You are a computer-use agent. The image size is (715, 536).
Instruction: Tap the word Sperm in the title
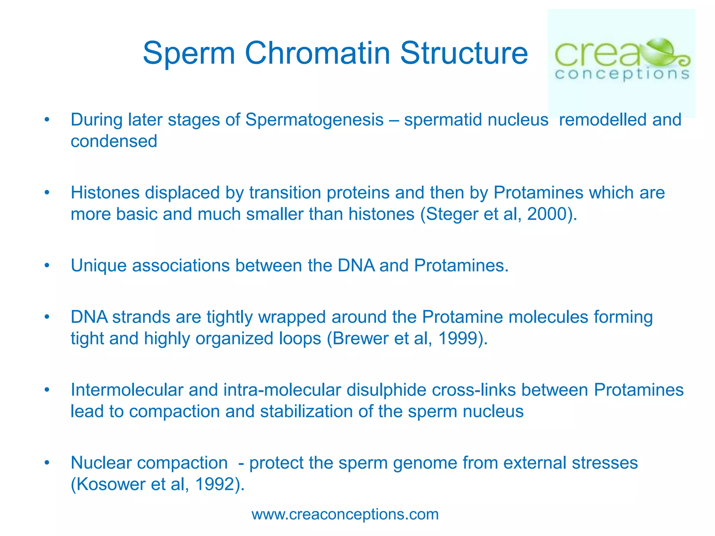tap(189, 54)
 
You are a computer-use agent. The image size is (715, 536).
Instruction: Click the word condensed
tap(114, 141)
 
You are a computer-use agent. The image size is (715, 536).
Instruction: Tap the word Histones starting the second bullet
tap(105, 193)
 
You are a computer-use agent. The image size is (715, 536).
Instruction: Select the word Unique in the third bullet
tap(98, 266)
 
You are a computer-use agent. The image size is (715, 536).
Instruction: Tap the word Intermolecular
tap(127, 390)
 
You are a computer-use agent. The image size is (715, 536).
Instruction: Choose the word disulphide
tap(386, 390)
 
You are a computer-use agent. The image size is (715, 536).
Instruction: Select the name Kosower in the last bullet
tap(111, 484)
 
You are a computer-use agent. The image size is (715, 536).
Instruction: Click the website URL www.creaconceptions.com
tap(345, 514)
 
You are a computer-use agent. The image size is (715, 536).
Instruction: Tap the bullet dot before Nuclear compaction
tap(47, 463)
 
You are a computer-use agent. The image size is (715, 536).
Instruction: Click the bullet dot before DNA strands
tap(47, 317)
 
